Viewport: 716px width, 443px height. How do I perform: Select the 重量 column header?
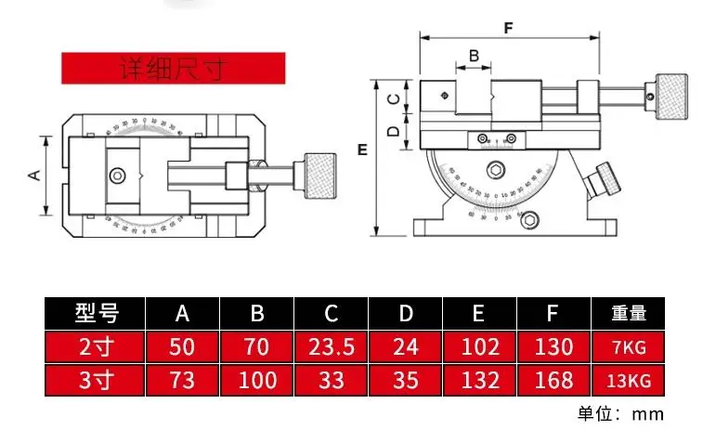pos(629,313)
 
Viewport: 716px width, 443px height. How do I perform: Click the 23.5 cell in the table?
pos(332,347)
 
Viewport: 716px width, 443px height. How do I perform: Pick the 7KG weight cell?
pos(629,347)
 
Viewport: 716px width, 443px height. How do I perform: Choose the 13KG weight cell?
pos(629,380)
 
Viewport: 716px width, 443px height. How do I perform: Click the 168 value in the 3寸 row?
pos(553,380)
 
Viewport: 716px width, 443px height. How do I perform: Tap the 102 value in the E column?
pos(479,347)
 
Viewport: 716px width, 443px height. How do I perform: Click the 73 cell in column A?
pos(183,380)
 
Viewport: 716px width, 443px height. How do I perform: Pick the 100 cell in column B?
pos(257,380)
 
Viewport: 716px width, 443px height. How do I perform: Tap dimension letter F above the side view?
pos(509,27)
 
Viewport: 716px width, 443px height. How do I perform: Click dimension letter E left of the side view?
pos(362,149)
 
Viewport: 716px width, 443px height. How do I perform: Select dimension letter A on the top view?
pos(34,174)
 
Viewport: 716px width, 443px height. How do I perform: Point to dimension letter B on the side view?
pos(474,56)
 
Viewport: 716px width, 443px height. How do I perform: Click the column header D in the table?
pos(406,313)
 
